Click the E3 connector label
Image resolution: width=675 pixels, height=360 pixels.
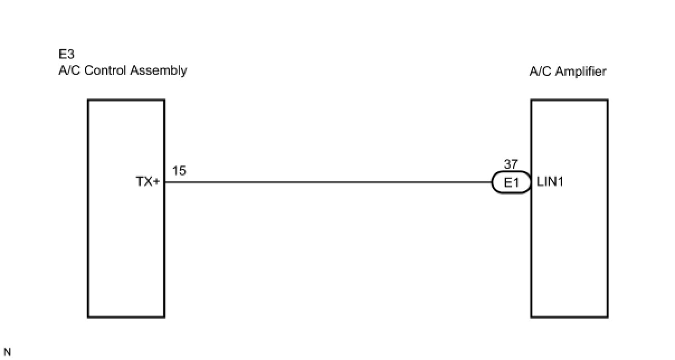click(x=66, y=55)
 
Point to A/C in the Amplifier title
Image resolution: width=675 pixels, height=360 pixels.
click(x=540, y=72)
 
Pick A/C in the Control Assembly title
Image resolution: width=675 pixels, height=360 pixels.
click(x=69, y=71)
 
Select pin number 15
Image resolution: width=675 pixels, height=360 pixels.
click(x=179, y=171)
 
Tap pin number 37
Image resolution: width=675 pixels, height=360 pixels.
click(x=511, y=165)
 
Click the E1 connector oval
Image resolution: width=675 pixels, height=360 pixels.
click(x=511, y=182)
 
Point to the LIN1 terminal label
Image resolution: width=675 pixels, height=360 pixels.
click(x=550, y=182)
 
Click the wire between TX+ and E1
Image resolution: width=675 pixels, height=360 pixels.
click(x=330, y=182)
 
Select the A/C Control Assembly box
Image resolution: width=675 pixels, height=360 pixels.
click(x=126, y=252)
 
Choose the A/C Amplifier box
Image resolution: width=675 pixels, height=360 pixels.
click(x=569, y=252)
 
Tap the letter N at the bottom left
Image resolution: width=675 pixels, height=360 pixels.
click(x=7, y=352)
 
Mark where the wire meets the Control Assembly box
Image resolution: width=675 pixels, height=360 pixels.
click(x=165, y=182)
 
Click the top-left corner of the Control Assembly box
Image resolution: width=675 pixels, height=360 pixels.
click(x=88, y=100)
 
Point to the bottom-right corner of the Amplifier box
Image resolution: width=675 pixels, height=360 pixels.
click(x=607, y=318)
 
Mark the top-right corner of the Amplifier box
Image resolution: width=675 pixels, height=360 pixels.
click(x=607, y=100)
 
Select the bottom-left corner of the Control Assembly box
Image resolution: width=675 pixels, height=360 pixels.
click(x=88, y=318)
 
